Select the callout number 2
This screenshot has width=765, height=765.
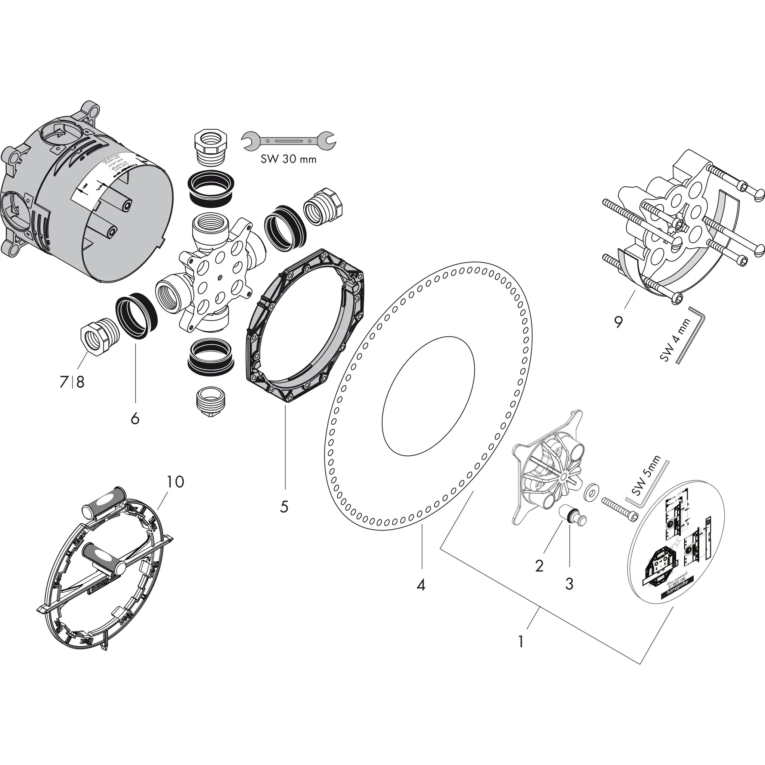(539, 566)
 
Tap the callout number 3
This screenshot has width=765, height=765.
(569, 584)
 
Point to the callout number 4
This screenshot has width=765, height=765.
(421, 585)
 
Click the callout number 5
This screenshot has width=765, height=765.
(284, 507)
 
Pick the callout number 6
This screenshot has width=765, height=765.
(135, 418)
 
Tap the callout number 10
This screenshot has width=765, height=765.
(175, 481)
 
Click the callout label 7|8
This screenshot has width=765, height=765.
(72, 382)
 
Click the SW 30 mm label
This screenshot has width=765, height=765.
(288, 159)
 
